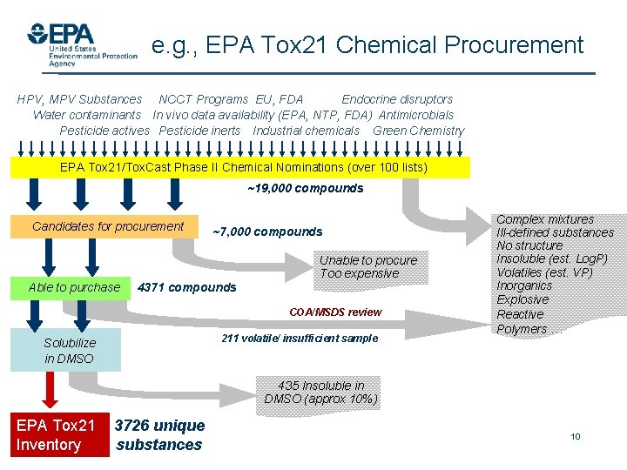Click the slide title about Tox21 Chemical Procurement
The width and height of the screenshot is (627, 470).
367,44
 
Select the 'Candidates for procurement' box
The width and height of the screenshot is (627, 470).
108,226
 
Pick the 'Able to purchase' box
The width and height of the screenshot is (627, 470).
74,287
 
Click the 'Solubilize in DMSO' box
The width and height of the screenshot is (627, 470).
70,350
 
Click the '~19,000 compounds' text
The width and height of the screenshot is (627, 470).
305,188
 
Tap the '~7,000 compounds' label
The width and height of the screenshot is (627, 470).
267,232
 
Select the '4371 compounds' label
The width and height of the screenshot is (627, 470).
186,287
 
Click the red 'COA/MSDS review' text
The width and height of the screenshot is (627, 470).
334,312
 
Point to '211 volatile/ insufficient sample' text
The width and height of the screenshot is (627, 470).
300,338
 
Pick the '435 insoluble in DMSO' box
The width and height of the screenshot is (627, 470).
320,393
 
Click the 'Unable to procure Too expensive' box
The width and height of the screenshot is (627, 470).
368,266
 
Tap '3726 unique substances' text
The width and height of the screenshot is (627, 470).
159,434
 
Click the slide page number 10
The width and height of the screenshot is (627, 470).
575,436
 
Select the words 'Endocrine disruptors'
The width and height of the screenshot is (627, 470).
397,99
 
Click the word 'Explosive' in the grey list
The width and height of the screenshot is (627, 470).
522,299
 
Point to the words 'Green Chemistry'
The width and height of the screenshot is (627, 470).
418,131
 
